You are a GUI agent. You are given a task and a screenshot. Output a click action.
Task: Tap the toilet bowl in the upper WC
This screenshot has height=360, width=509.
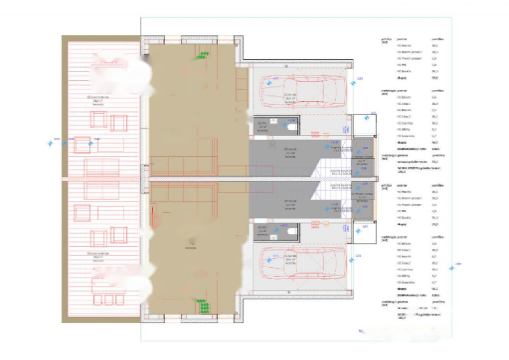click(x=291, y=127)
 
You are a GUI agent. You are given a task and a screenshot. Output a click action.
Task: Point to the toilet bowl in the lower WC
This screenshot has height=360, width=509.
click(x=291, y=230)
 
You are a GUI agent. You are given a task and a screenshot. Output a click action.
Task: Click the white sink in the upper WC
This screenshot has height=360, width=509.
click(x=274, y=120)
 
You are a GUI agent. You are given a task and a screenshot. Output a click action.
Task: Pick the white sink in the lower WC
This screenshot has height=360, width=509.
click(x=274, y=237)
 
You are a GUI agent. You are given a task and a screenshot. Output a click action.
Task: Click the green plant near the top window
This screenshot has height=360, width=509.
click(x=203, y=55)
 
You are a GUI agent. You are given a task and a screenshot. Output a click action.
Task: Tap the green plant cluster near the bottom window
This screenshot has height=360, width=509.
click(x=203, y=307)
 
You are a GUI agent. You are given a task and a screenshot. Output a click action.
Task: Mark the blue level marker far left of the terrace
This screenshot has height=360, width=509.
click(x=50, y=143)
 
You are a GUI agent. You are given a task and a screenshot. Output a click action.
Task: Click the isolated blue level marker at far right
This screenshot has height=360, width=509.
click(x=451, y=268)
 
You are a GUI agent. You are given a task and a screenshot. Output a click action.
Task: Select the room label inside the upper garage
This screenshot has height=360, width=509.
click(x=291, y=99)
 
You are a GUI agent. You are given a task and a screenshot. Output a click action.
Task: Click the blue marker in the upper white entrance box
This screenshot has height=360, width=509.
click(x=366, y=118)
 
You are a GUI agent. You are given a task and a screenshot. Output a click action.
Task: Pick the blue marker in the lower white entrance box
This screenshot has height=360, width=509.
click(x=358, y=231)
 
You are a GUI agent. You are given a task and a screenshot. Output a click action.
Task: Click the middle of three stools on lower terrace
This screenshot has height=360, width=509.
click(x=108, y=299)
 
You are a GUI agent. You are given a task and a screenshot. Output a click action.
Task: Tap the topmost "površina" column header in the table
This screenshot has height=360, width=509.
click(x=438, y=39)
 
